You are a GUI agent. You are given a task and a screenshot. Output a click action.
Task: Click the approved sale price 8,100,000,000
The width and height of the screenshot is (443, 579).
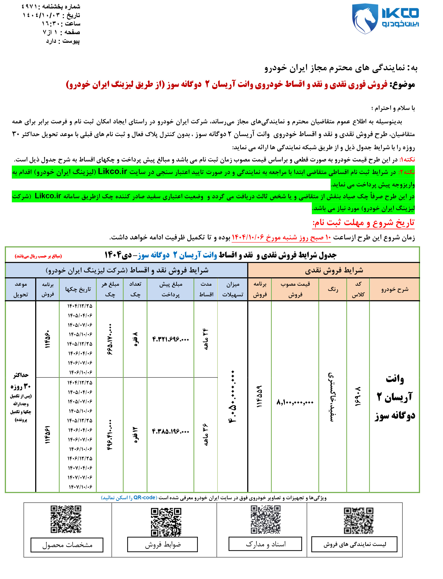295,402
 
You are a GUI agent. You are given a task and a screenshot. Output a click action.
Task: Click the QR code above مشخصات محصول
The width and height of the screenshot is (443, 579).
66,519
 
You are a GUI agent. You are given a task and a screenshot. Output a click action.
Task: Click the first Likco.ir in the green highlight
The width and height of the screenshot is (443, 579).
112,172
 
